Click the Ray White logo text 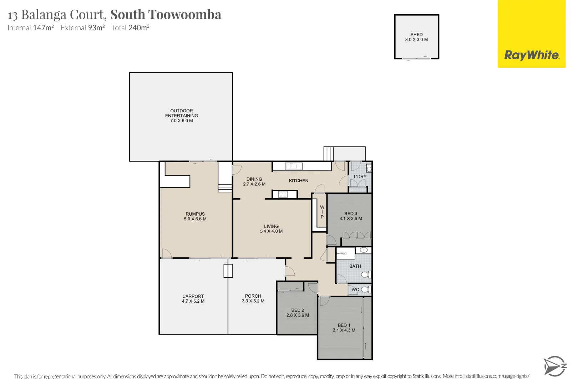pyautogui.click(x=532, y=55)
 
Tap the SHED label pyautogui.click(x=416, y=35)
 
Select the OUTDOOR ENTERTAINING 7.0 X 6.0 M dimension pyautogui.click(x=181, y=121)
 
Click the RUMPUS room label pyautogui.click(x=195, y=214)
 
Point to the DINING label pyautogui.click(x=254, y=179)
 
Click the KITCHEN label pyautogui.click(x=299, y=181)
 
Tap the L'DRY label pyautogui.click(x=360, y=177)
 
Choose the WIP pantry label pyautogui.click(x=322, y=212)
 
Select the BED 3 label pyautogui.click(x=350, y=214)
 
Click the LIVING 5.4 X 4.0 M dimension pyautogui.click(x=271, y=231)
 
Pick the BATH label pyautogui.click(x=355, y=266)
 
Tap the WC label pyautogui.click(x=355, y=290)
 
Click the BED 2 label pyautogui.click(x=298, y=310)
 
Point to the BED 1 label pyautogui.click(x=344, y=325)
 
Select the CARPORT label pyautogui.click(x=193, y=296)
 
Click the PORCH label pyautogui.click(x=253, y=296)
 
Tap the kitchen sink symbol pyautogui.click(x=294, y=166)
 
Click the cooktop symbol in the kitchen pyautogui.click(x=283, y=194)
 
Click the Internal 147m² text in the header pyautogui.click(x=31, y=28)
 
